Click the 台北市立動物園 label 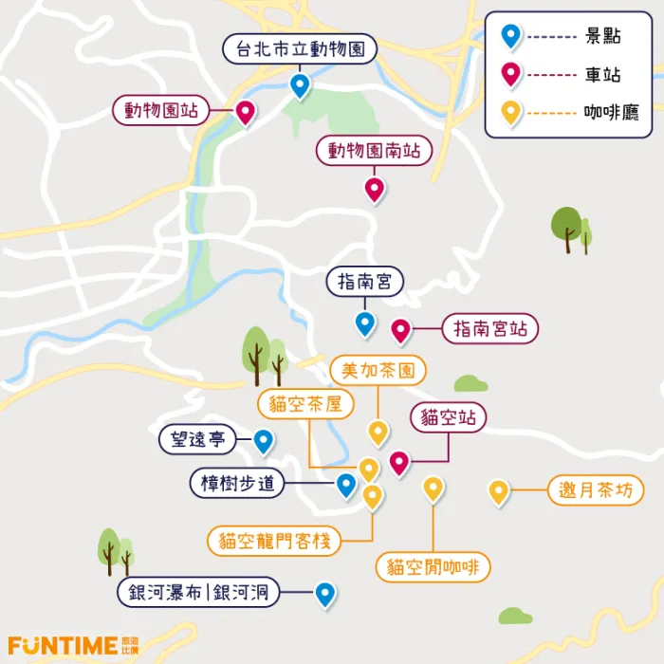[300, 49]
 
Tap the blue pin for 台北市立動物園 [300, 85]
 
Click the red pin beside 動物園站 [245, 112]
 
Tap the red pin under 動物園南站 [374, 188]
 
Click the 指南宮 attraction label [365, 282]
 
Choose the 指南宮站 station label [489, 329]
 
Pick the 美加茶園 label [378, 370]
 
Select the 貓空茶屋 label [305, 405]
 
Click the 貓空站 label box [448, 417]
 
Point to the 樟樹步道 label [237, 483]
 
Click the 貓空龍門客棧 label [274, 542]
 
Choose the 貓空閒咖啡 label [433, 567]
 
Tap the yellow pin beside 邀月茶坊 [499, 490]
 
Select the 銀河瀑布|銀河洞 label [199, 595]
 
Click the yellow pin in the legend [511, 112]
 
